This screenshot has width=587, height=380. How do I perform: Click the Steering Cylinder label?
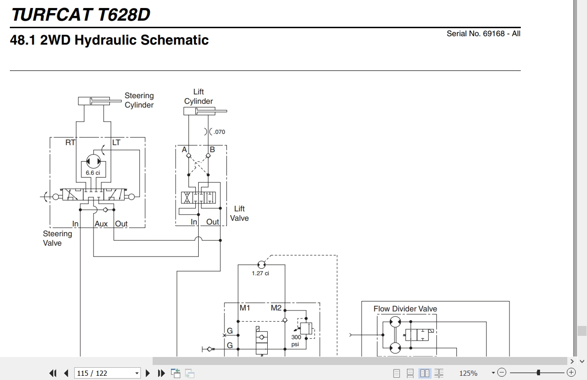(x=139, y=100)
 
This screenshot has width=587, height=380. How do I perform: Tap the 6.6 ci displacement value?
(x=93, y=173)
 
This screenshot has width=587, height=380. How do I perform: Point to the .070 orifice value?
(x=219, y=132)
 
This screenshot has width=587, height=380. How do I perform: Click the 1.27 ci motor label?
(x=260, y=273)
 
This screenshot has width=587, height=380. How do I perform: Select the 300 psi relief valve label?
(x=296, y=341)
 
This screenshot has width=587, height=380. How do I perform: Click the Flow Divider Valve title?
(x=405, y=309)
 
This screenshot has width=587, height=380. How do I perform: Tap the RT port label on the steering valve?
(x=70, y=143)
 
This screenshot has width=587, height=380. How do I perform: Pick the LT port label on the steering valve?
(x=116, y=143)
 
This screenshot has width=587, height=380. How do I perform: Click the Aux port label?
(x=101, y=224)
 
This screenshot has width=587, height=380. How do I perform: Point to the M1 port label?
(x=245, y=308)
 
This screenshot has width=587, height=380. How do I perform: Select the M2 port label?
(x=276, y=308)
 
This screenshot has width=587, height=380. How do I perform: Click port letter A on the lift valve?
(x=184, y=150)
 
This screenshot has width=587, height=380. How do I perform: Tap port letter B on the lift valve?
(x=212, y=150)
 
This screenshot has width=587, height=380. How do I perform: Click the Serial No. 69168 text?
(x=484, y=33)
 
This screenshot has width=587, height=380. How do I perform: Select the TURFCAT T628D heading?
(x=81, y=15)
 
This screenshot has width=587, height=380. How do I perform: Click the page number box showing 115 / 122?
(x=108, y=373)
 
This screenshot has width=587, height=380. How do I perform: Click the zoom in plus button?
(x=572, y=372)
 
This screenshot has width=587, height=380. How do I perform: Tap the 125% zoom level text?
(x=468, y=373)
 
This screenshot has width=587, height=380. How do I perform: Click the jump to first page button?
(x=53, y=373)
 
